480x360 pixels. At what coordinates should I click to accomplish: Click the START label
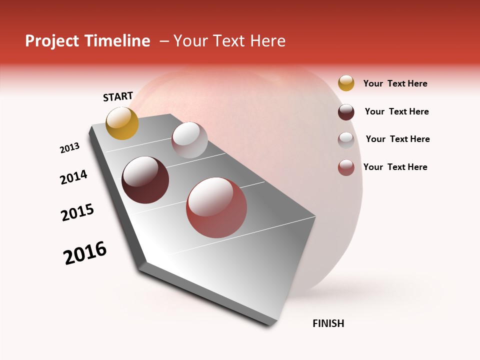point(118,96)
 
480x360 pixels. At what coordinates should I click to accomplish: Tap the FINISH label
point(328,323)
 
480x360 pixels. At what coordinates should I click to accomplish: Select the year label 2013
point(70,148)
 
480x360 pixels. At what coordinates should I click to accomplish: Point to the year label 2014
point(74,177)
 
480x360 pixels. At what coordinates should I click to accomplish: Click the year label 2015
point(77,212)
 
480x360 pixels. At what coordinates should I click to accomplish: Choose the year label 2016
point(85,253)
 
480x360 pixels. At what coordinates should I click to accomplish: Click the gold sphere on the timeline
point(122,123)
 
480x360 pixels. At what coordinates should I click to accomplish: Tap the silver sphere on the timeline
point(189,140)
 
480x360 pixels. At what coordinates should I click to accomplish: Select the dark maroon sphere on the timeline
point(145,180)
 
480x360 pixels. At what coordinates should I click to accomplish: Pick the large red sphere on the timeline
point(216,207)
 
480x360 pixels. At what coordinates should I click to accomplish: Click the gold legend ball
point(346,83)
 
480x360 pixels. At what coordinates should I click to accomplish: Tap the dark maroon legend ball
point(346,112)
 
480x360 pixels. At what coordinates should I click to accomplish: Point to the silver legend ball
point(346,140)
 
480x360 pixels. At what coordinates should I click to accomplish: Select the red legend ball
point(346,167)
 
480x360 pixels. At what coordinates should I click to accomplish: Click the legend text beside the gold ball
point(395,83)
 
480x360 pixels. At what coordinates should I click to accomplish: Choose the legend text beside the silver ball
point(397,139)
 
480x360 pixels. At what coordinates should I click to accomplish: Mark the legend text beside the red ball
point(395,167)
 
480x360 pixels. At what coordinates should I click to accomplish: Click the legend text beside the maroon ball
point(396,111)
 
